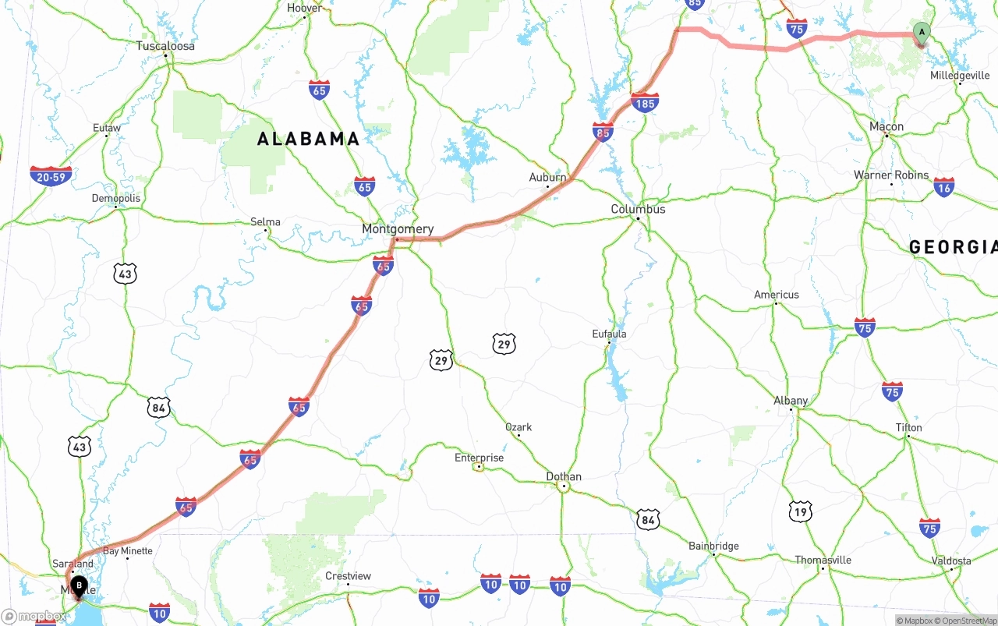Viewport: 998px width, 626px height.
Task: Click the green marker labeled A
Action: click(922, 33)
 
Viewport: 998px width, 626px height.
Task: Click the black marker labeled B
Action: click(79, 585)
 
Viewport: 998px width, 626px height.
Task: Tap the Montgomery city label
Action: click(398, 229)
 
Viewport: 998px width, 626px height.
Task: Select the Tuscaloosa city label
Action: click(165, 46)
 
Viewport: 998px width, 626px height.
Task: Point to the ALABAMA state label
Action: click(308, 140)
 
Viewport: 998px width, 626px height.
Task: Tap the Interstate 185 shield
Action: click(645, 102)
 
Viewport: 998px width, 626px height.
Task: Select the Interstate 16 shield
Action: click(944, 187)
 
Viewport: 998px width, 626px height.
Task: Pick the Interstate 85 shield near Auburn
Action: click(603, 132)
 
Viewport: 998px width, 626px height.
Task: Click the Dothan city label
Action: click(564, 476)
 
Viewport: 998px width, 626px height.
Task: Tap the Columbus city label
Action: click(638, 209)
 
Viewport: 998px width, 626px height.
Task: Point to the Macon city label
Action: click(887, 126)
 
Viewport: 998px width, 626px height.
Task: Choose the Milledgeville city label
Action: click(960, 76)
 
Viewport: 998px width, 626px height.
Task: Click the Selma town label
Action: click(265, 221)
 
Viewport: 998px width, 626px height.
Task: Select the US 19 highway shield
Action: click(800, 511)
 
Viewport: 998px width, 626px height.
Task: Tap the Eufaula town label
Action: click(609, 334)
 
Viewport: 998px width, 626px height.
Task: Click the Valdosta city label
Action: click(951, 561)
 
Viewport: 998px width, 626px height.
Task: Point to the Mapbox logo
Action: click(34, 616)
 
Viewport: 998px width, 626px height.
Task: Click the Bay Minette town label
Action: click(128, 550)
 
